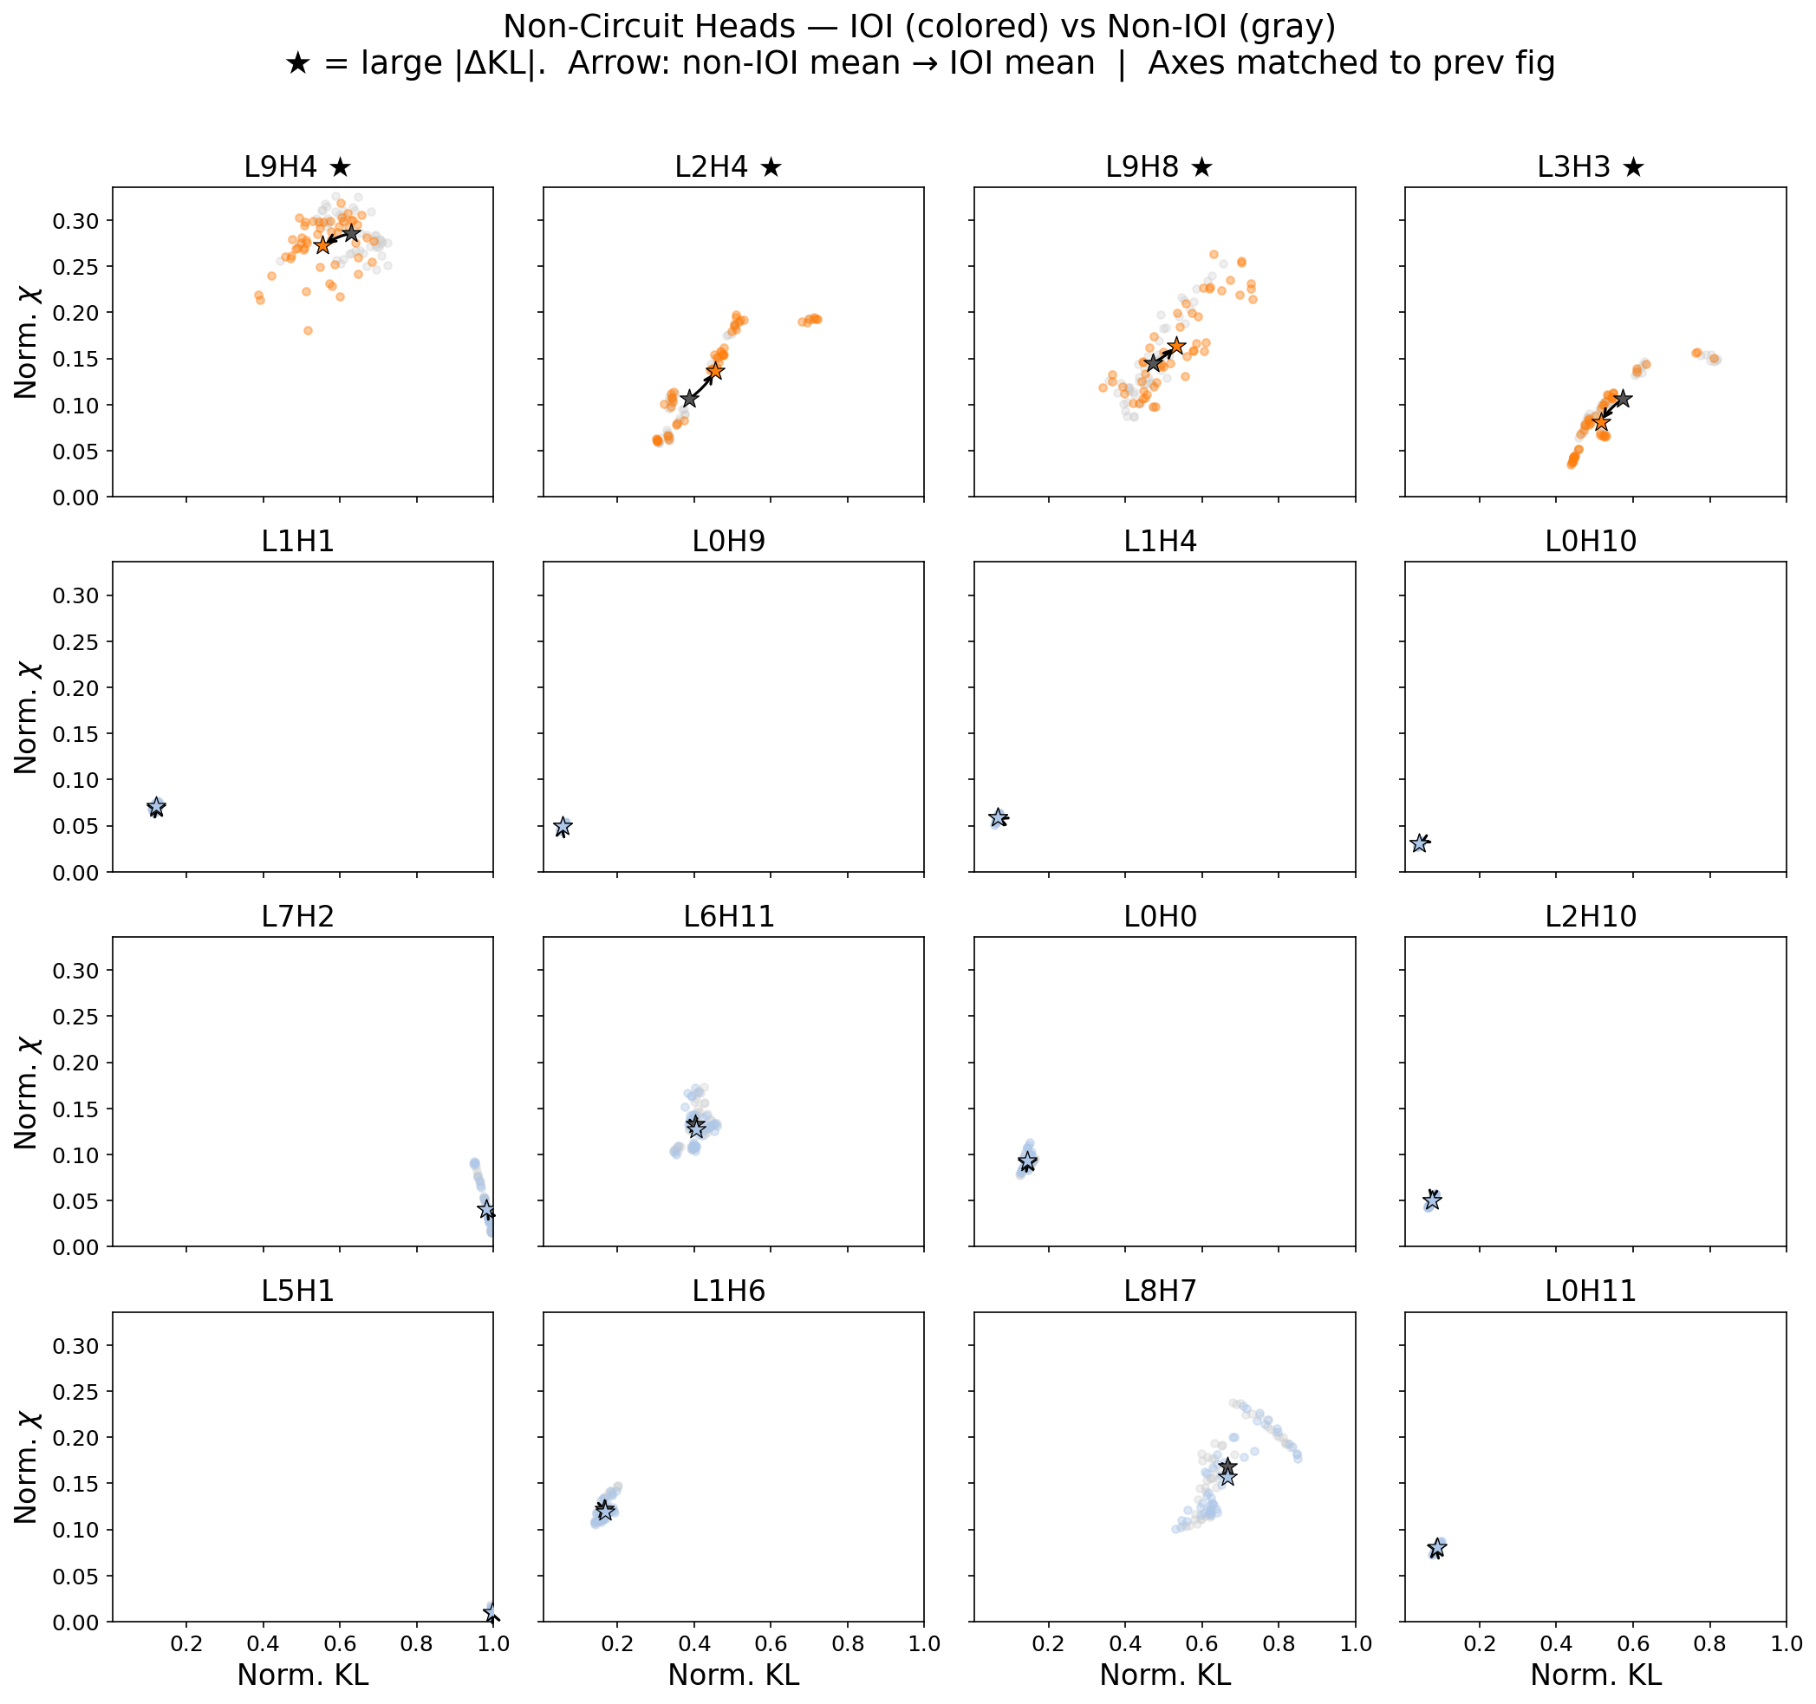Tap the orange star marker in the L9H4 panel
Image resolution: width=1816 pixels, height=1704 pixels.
pyautogui.click(x=322, y=245)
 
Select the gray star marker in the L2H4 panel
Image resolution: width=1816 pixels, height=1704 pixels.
pyautogui.click(x=689, y=399)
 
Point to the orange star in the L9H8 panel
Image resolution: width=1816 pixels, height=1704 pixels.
pyautogui.click(x=1176, y=346)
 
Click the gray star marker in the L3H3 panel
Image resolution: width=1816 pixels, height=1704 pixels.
pyautogui.click(x=1623, y=399)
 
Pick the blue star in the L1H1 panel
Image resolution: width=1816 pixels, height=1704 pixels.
pyautogui.click(x=156, y=806)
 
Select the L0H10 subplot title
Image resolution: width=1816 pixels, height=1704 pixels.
pyautogui.click(x=1591, y=542)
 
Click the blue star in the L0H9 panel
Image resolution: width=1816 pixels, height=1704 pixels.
pyautogui.click(x=563, y=826)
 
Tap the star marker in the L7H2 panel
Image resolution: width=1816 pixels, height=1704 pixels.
pyautogui.click(x=486, y=1209)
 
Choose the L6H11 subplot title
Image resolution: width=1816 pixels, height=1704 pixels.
pyautogui.click(x=729, y=917)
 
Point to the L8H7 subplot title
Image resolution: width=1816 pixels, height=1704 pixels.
pyautogui.click(x=1159, y=1291)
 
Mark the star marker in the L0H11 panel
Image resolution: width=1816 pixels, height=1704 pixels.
pyautogui.click(x=1437, y=1548)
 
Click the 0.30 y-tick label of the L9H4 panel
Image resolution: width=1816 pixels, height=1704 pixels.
pyautogui.click(x=79, y=221)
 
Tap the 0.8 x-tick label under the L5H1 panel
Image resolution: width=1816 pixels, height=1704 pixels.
pyautogui.click(x=417, y=1643)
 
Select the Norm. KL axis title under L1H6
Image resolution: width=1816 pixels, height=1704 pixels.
pyautogui.click(x=733, y=1675)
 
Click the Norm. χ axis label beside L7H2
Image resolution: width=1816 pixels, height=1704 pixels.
pyautogui.click(x=27, y=1092)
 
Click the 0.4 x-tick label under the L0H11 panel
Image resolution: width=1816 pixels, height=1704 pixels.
pyautogui.click(x=1557, y=1643)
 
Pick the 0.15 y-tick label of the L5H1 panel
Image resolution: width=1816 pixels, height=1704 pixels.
pyautogui.click(x=79, y=1484)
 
